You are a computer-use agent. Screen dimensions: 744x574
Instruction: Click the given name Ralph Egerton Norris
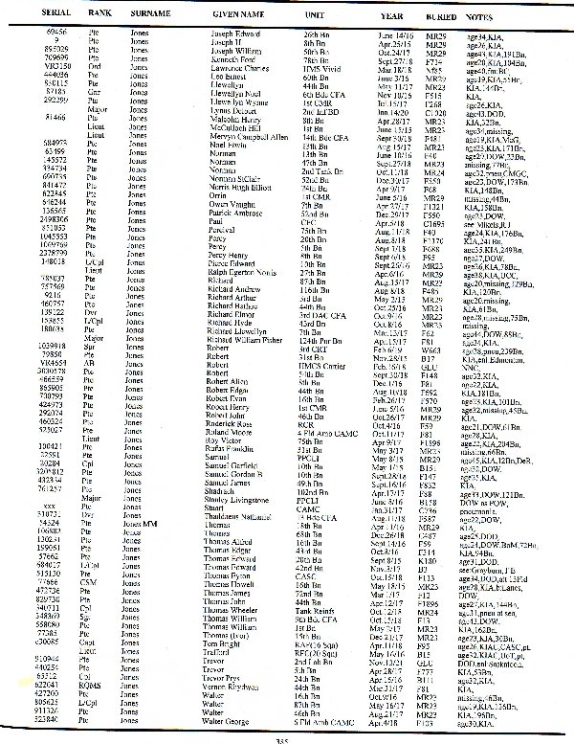point(244,299)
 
